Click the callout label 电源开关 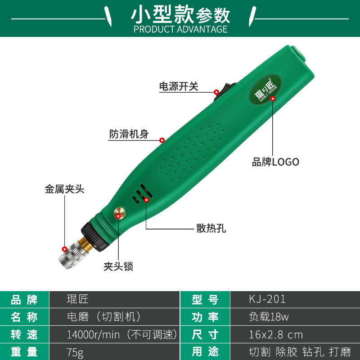point(179,86)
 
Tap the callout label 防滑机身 point(129,134)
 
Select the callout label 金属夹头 point(64,189)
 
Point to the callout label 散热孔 point(211,228)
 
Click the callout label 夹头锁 point(118,266)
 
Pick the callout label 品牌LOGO point(275,162)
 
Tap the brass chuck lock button point(120,213)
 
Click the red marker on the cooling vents point(147,200)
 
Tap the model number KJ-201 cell point(267,299)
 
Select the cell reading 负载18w point(269,317)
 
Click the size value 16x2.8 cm point(276,334)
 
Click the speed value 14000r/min point(93,334)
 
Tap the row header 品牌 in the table point(24,300)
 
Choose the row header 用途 point(205,352)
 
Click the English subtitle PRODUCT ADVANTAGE point(180,29)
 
